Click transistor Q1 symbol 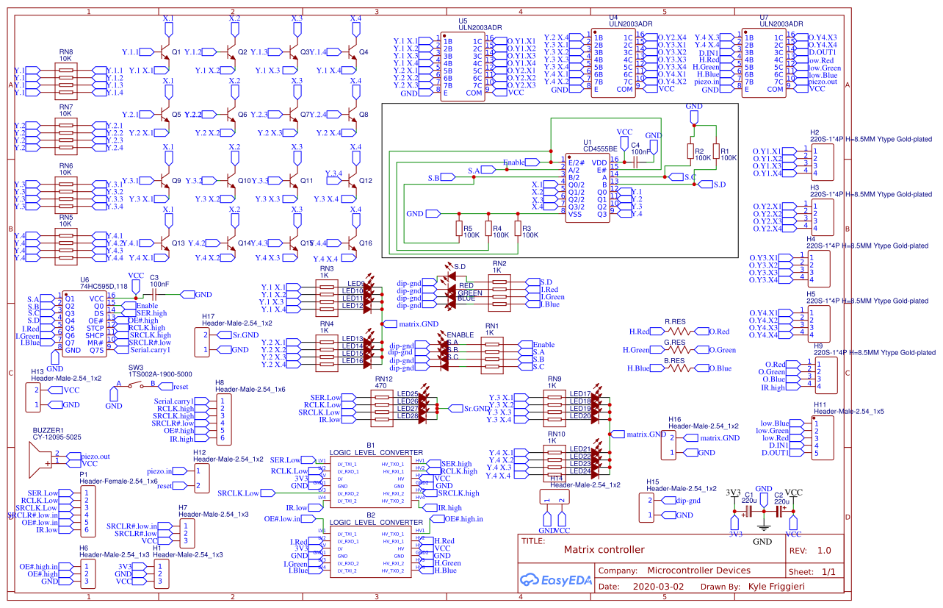[164, 53]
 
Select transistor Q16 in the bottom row [351, 243]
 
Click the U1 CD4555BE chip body [586, 185]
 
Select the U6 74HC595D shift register [85, 323]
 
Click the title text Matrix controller [604, 549]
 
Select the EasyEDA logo [552, 579]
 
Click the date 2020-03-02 [658, 587]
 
